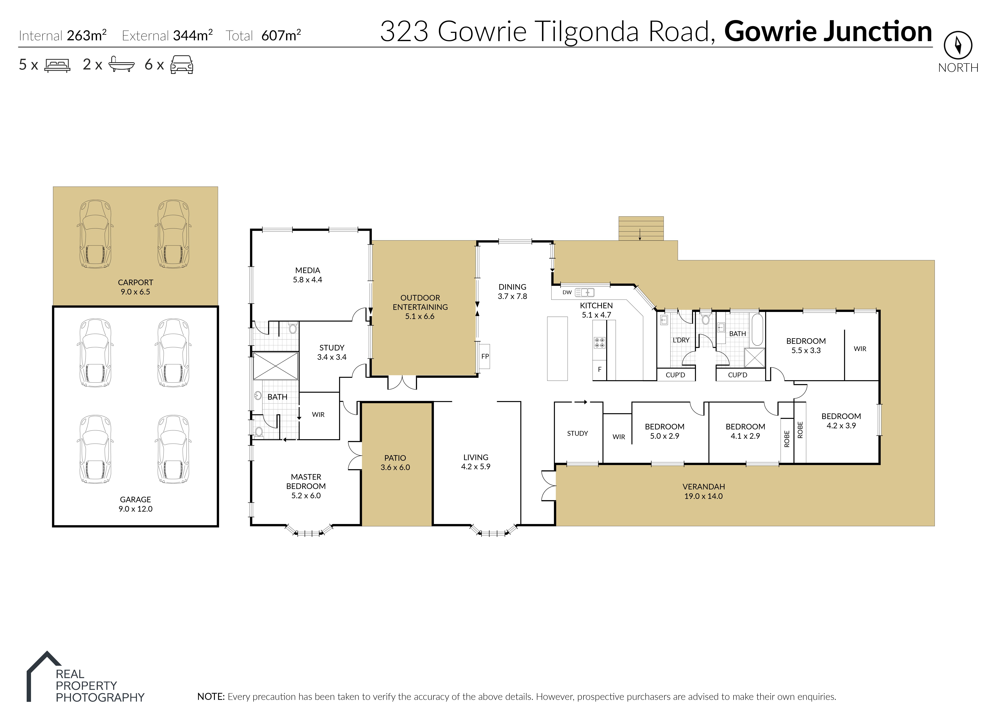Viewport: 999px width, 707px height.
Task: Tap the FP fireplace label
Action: pos(485,356)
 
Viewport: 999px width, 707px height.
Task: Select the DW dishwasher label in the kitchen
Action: pos(567,292)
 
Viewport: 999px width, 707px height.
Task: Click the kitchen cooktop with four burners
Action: pos(599,343)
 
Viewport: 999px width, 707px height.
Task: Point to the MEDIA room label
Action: pos(308,270)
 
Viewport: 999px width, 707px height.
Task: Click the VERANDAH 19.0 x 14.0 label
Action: pos(704,491)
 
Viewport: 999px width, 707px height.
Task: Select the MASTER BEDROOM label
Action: pos(306,482)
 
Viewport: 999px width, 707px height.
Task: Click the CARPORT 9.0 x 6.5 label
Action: pos(135,287)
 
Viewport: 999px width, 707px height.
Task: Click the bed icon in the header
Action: pos(57,65)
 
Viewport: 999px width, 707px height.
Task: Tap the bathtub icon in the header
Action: pos(121,64)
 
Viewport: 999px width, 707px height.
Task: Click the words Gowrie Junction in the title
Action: pos(828,32)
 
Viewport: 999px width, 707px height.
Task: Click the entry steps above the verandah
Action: pos(641,228)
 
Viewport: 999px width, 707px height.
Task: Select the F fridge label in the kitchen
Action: pos(600,369)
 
